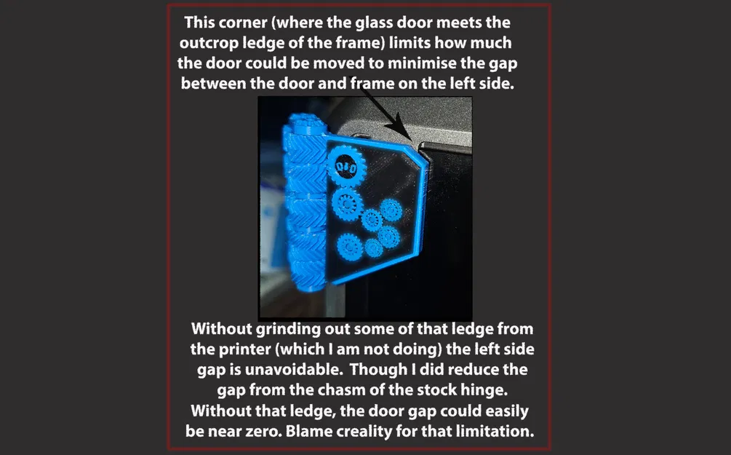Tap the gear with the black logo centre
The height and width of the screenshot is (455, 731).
point(346,166)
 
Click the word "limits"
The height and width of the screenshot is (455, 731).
point(410,42)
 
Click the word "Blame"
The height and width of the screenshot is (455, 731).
point(308,431)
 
